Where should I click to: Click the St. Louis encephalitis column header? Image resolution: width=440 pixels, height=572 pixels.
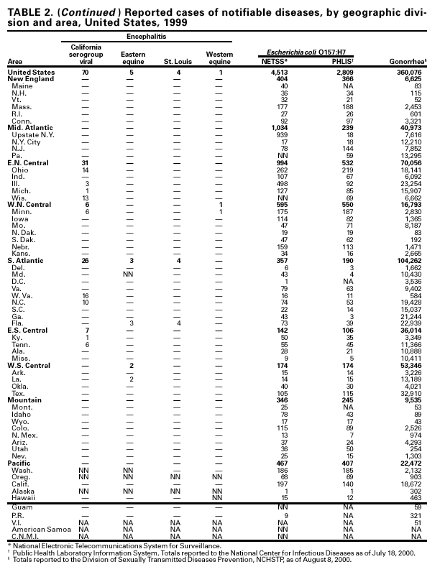pos(177,64)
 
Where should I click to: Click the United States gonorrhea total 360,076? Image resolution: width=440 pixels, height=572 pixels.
pos(409,73)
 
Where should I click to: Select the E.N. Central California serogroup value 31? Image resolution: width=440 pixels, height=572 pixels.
pos(85,163)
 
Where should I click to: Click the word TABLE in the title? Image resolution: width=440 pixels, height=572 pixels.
pos(25,11)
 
